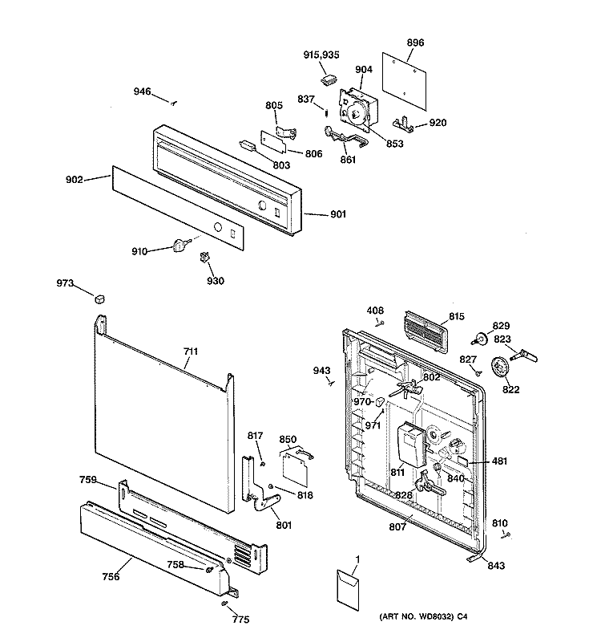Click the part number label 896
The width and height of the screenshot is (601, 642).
[x=415, y=43]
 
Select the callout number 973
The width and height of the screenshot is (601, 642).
[x=65, y=283]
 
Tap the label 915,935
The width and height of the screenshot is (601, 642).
[x=321, y=55]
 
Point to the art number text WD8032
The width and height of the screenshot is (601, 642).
[x=436, y=616]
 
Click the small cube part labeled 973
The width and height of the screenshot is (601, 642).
[x=99, y=299]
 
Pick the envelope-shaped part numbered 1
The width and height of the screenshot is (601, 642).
[x=348, y=588]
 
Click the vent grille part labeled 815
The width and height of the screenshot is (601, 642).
[x=425, y=331]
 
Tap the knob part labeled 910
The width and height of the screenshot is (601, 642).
[x=181, y=246]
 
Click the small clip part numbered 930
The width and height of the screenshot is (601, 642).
[x=204, y=257]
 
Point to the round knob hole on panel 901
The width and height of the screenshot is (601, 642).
[x=262, y=205]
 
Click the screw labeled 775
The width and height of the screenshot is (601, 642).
[x=225, y=604]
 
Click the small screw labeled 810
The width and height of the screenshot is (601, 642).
[x=508, y=534]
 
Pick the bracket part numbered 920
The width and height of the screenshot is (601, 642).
[x=403, y=124]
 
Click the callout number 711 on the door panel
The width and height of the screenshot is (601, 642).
[x=191, y=351]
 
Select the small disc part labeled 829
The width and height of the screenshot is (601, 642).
[x=480, y=339]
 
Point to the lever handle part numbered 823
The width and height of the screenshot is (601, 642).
[x=524, y=356]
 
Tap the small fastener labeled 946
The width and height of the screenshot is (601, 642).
[x=173, y=104]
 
